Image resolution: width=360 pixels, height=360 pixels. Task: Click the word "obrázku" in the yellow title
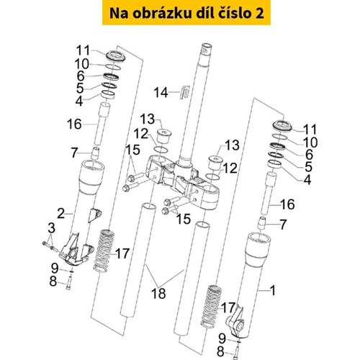point(162,13)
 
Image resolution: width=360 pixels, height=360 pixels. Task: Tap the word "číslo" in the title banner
point(233,13)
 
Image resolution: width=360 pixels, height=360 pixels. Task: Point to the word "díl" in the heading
point(205,13)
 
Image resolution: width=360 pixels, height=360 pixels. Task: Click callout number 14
point(161,93)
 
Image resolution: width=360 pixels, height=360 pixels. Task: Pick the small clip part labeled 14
point(185,92)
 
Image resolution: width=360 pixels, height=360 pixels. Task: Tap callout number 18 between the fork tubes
point(158,293)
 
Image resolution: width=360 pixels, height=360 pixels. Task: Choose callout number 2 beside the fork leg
point(61,213)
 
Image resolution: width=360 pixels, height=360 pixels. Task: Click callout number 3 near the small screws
point(51,228)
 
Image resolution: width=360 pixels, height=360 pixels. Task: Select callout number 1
point(272,290)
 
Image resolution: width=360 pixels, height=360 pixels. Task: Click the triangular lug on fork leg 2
point(96,215)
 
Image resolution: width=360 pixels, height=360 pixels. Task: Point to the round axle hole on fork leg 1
point(240,325)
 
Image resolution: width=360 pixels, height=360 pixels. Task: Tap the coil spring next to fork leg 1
point(211,306)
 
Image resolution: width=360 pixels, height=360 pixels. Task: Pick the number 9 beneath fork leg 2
point(55,268)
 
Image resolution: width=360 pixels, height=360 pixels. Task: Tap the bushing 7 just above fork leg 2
point(96,153)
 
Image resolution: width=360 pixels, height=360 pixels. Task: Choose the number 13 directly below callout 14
point(148,120)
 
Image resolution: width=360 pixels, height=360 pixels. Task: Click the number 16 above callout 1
point(287,204)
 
